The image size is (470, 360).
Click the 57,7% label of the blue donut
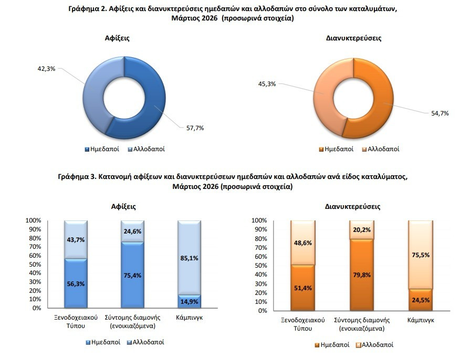click(x=195, y=128)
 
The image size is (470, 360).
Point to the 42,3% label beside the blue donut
click(x=46, y=69)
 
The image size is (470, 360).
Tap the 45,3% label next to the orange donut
click(x=267, y=84)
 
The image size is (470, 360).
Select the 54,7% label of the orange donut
click(x=440, y=113)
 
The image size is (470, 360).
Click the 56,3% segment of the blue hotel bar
click(x=76, y=283)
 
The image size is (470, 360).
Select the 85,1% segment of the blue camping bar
click(x=189, y=258)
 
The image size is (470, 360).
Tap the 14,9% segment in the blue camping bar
click(x=189, y=302)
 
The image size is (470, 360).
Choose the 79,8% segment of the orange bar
click(x=362, y=275)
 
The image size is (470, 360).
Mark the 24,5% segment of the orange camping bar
click(x=421, y=300)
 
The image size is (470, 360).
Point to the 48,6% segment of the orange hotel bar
click(x=302, y=243)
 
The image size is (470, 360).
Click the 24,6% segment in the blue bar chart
click(x=132, y=231)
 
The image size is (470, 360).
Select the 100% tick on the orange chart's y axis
click(x=259, y=221)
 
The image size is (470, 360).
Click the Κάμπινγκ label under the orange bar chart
click(x=421, y=321)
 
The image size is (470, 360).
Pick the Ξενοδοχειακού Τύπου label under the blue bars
click(x=76, y=322)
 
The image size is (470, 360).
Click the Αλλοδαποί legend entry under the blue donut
click(x=147, y=149)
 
